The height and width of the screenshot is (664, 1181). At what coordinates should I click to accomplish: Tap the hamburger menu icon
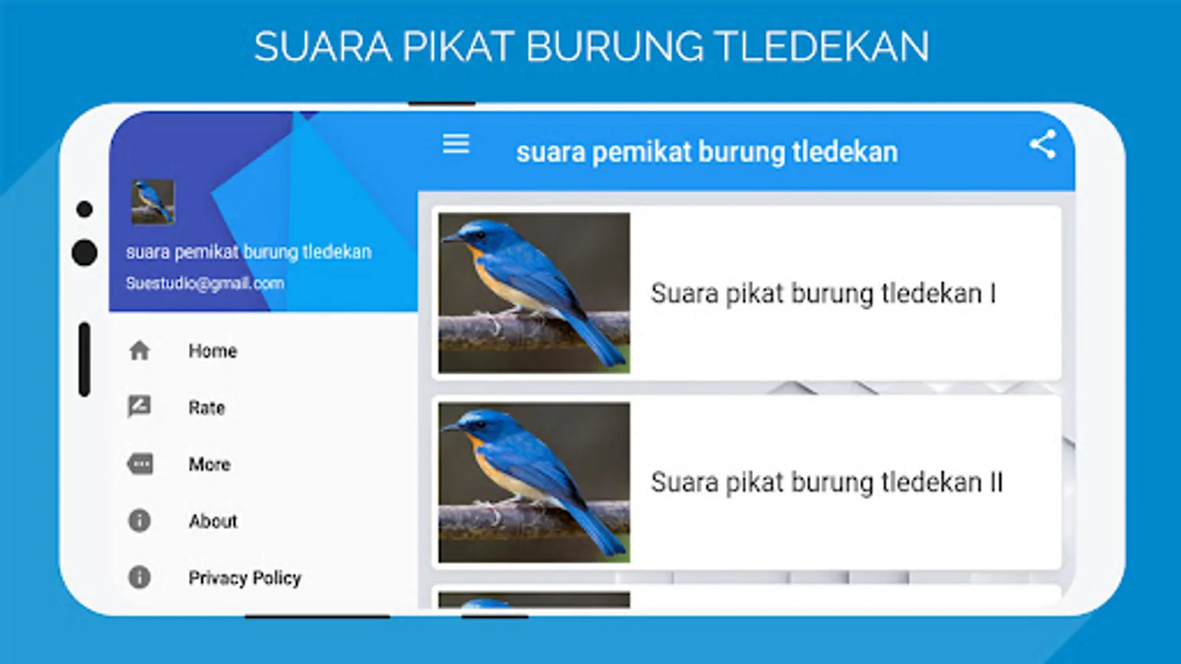[x=456, y=143]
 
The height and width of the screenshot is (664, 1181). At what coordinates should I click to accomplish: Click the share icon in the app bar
[x=1043, y=145]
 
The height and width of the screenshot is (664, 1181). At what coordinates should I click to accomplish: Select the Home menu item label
[x=213, y=351]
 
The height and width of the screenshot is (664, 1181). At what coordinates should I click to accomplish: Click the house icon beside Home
[x=140, y=351]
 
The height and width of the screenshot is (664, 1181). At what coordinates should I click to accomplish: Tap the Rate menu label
[x=207, y=408]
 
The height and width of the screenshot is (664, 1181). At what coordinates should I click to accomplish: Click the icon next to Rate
[x=140, y=407]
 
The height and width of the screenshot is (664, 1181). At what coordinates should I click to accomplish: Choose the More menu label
[x=210, y=464]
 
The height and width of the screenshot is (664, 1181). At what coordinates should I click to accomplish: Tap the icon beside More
[x=140, y=464]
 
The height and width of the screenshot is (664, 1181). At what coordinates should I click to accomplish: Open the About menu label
[x=213, y=521]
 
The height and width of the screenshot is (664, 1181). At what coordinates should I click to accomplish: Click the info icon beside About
[x=140, y=521]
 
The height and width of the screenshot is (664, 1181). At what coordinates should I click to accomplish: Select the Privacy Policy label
[x=245, y=578]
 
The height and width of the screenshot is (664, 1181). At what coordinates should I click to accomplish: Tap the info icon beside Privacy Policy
[x=140, y=577]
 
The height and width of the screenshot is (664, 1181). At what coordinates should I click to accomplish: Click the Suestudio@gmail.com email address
[x=205, y=283]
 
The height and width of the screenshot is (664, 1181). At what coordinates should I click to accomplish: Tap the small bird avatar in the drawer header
[x=153, y=202]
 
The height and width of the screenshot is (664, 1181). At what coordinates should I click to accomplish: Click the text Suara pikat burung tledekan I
[x=824, y=294]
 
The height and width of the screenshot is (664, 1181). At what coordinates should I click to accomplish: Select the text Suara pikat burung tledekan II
[x=827, y=483]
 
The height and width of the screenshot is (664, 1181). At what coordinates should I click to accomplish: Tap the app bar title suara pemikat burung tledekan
[x=707, y=152]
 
